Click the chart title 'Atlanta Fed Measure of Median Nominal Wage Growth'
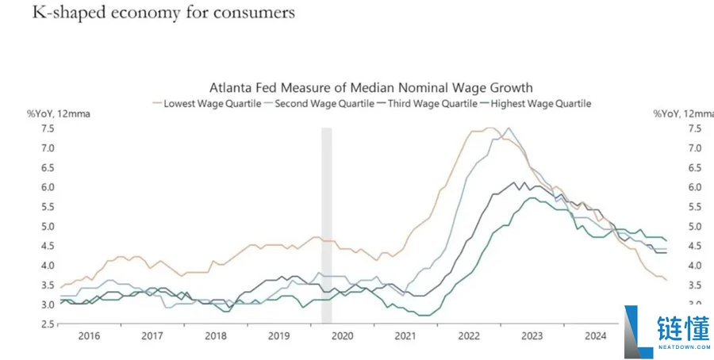pos(370,87)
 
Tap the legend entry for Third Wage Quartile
pos(428,103)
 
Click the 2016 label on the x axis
pos(90,336)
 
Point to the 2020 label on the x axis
pos(341,336)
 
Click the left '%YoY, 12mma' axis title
pos(59,113)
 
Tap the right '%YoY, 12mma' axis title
pos(682,113)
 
